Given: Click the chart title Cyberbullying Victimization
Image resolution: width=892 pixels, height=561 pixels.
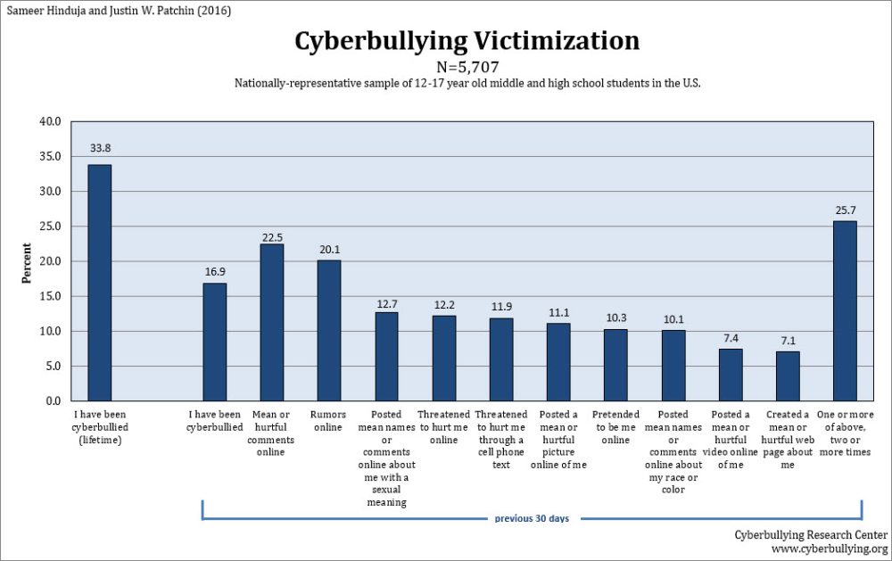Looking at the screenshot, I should pos(467,41).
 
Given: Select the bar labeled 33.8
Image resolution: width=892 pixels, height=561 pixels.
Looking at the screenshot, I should pos(99,283).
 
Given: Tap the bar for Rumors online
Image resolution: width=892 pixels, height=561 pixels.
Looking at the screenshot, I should pos(329,330).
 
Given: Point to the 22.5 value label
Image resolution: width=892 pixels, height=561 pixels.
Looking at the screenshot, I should pos(272,236).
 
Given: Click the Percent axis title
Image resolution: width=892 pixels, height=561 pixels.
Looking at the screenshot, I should pos(26,261).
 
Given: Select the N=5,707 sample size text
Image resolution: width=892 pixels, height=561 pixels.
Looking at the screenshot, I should pos(467,67).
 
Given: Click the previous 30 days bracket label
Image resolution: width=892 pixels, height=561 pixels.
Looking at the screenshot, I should pos(532,518).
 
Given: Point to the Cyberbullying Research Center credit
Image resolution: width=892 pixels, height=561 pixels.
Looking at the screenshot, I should pos(810,534).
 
